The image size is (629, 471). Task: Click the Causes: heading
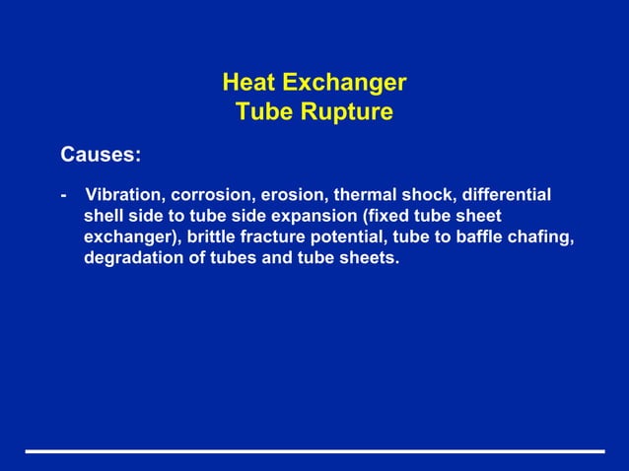click(x=101, y=155)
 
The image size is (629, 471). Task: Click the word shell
click(x=104, y=216)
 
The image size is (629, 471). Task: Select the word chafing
click(x=544, y=237)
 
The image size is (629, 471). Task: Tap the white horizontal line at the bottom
click(x=314, y=451)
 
